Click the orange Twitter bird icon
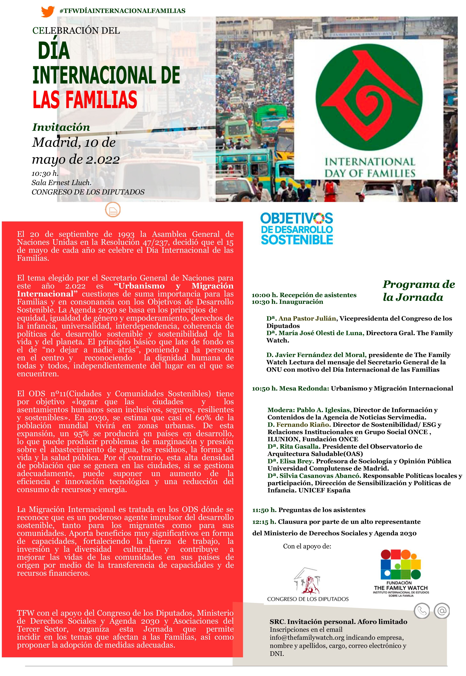pyautogui.click(x=48, y=11)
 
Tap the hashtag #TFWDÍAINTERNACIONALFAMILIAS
pyautogui.click(x=122, y=11)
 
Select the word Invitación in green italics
pyautogui.click(x=61, y=127)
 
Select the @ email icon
pyautogui.click(x=442, y=611)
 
